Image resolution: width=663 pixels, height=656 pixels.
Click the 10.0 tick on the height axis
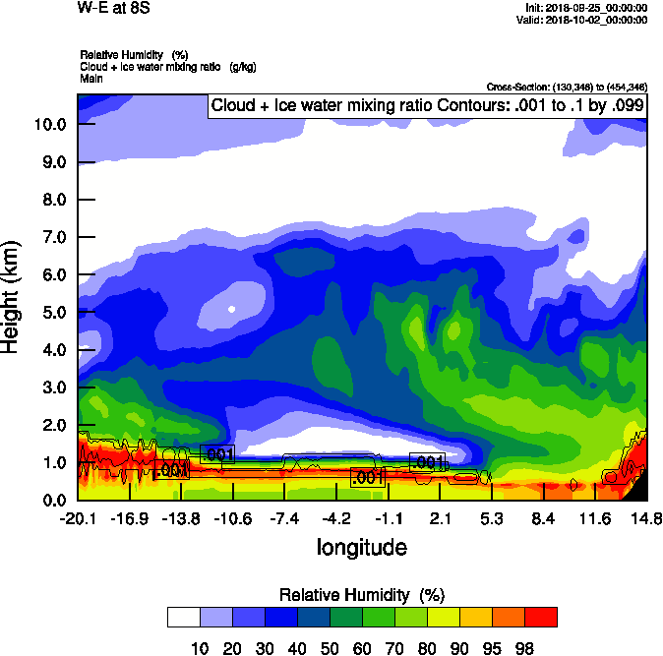point(49,124)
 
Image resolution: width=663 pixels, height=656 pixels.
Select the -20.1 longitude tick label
point(78,518)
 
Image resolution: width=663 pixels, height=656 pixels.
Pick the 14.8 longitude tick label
point(645,518)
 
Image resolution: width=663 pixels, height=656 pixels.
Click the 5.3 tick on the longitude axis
point(491,518)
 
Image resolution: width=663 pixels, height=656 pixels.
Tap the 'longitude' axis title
point(361,546)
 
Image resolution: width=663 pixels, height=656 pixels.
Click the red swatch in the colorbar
point(540,617)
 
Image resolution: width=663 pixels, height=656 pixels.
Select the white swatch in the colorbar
point(183,617)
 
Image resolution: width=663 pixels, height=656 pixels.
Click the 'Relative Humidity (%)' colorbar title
point(362,595)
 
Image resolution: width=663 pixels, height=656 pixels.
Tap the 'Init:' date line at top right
point(587,8)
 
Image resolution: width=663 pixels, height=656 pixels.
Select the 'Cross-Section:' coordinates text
point(567,88)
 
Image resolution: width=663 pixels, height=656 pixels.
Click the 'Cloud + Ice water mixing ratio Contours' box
point(427,106)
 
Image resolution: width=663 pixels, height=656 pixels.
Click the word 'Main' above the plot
point(91,78)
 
